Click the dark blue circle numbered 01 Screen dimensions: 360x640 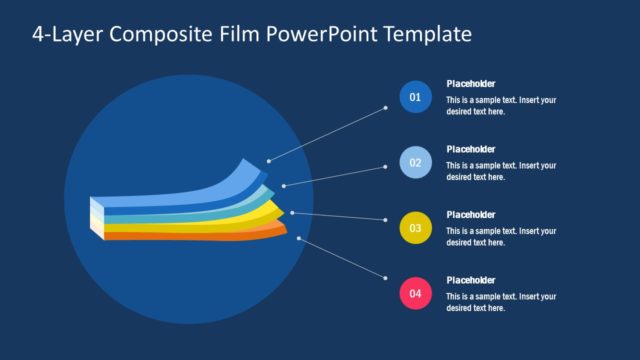[x=415, y=97]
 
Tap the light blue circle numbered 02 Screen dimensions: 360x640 [x=415, y=162]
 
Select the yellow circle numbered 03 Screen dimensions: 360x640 [x=415, y=228]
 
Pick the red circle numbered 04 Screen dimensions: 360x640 [x=415, y=294]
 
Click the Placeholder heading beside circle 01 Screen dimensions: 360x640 [x=471, y=84]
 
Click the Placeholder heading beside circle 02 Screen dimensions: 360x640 [x=471, y=149]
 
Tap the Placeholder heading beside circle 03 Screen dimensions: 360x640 [x=471, y=214]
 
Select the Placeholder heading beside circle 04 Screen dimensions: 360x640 [x=471, y=280]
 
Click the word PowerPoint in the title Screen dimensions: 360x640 [x=315, y=35]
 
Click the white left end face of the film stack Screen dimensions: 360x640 [x=96, y=218]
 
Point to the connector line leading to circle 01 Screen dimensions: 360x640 [x=326, y=134]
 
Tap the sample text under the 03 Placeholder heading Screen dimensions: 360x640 [x=501, y=236]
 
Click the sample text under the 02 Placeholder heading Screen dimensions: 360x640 [x=501, y=171]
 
